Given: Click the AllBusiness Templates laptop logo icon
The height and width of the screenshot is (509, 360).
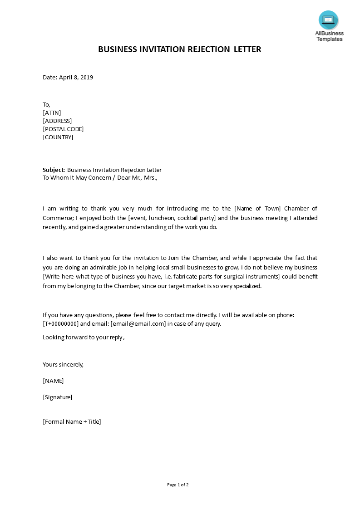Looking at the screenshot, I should point(328,20).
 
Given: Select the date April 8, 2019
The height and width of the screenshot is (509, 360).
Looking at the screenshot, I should point(76,77).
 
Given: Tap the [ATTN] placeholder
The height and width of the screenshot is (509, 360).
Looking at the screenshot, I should point(52,113).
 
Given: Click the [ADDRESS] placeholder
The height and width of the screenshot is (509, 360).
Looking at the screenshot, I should point(57,121).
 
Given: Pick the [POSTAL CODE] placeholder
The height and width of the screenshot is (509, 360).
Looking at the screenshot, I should point(63,129).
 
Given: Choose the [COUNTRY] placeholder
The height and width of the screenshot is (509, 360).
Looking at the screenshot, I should point(58,137).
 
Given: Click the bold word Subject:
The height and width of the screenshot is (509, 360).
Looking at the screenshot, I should point(54,170).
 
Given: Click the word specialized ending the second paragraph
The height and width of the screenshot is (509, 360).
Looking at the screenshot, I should point(245,286).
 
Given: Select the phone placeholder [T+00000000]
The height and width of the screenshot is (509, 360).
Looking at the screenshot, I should point(61,323).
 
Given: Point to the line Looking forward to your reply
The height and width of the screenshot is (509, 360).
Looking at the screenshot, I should point(83,337).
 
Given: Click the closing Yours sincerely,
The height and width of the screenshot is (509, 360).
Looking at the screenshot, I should point(63,364).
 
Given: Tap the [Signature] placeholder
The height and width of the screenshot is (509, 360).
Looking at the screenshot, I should point(57,397).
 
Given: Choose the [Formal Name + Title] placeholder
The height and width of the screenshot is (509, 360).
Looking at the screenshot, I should point(72,421).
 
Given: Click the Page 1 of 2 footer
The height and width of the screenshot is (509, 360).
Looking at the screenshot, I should point(178,485).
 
